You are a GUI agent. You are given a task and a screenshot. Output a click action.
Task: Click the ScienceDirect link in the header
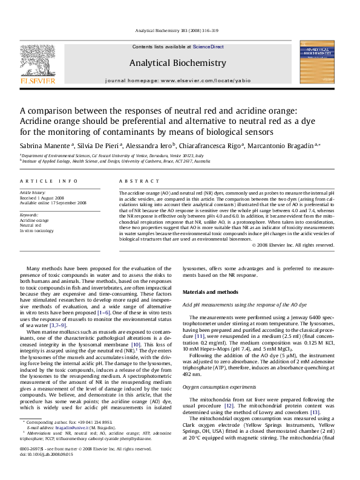tap(208, 47)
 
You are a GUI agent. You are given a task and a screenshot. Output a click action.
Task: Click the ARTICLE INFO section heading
tap(48, 181)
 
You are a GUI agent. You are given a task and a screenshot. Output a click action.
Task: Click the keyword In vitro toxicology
tap(37, 231)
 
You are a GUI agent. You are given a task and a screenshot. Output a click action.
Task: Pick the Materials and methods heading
tap(211, 292)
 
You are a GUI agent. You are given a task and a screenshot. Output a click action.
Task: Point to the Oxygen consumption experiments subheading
tap(218, 386)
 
